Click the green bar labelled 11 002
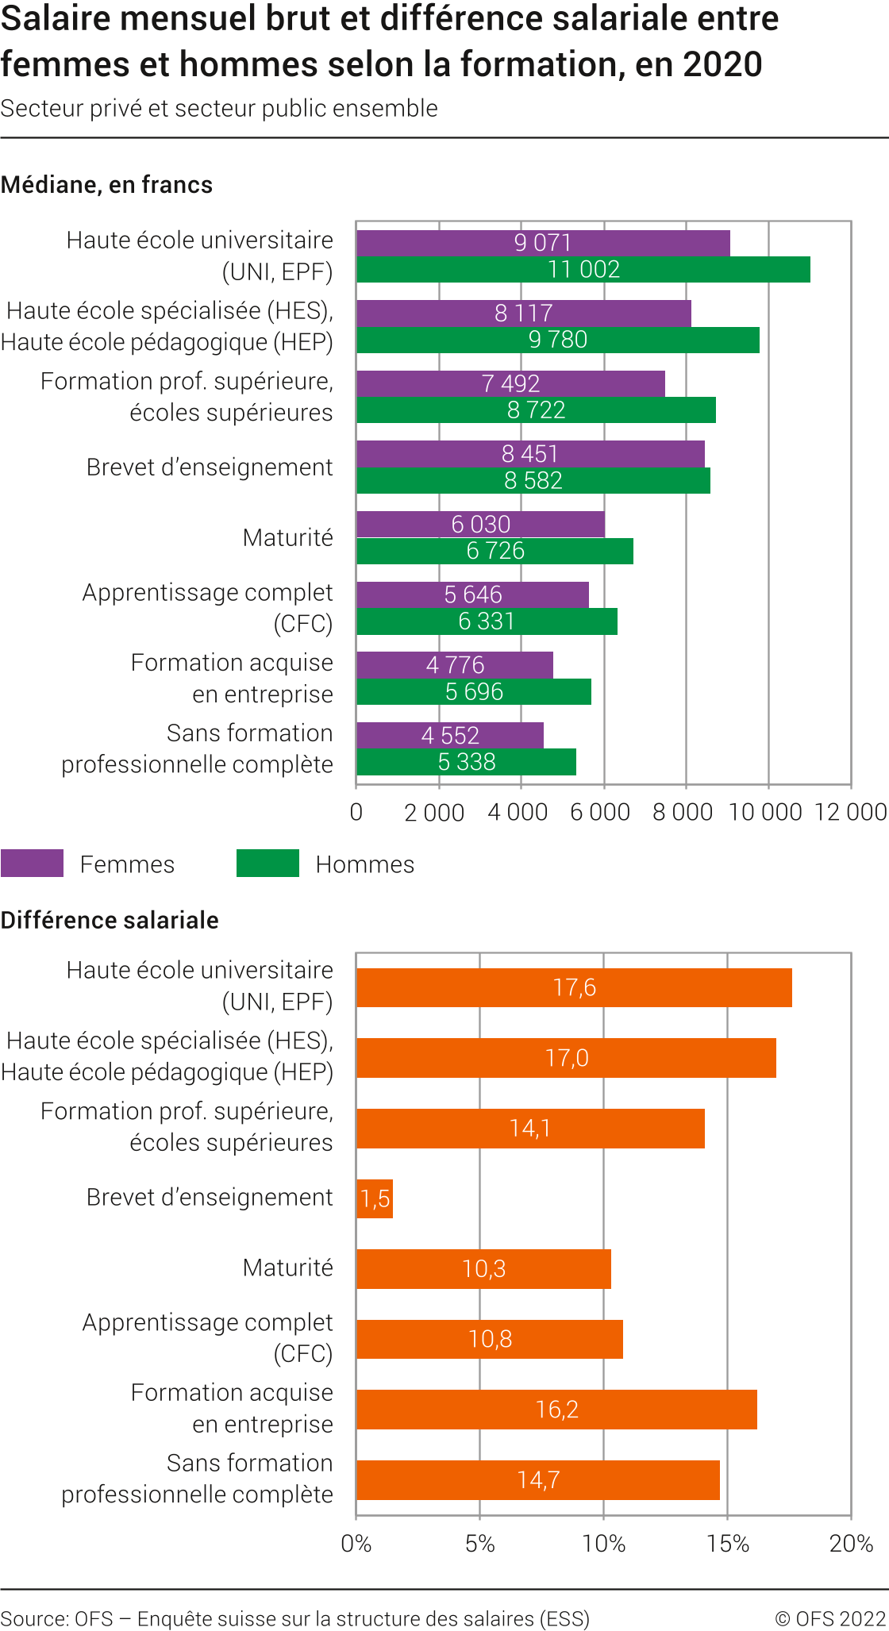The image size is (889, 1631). coord(583,270)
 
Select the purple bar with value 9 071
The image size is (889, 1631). coord(543,243)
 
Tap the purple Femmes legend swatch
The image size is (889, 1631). coord(32,864)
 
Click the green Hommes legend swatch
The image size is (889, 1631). coord(267,864)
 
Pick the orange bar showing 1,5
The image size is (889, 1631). coord(375,1198)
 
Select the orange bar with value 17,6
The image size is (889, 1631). coord(574,988)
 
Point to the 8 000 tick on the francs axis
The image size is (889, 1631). coord(683,812)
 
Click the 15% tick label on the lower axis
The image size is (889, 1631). coord(728,1544)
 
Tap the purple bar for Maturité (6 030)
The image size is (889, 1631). coord(480,525)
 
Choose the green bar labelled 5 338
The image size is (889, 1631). coord(466,762)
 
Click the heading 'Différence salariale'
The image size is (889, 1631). coord(110,921)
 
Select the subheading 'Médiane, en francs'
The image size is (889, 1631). coord(106,185)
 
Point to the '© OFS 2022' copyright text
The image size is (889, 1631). coord(830,1619)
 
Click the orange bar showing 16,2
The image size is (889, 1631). coord(556,1410)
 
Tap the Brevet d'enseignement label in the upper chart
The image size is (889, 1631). coord(210,467)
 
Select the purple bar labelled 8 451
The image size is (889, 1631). coord(530,454)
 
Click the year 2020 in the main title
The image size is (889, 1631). coord(722,64)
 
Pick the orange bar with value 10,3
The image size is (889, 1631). coord(483,1269)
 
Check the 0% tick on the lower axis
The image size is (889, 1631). coord(356,1544)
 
